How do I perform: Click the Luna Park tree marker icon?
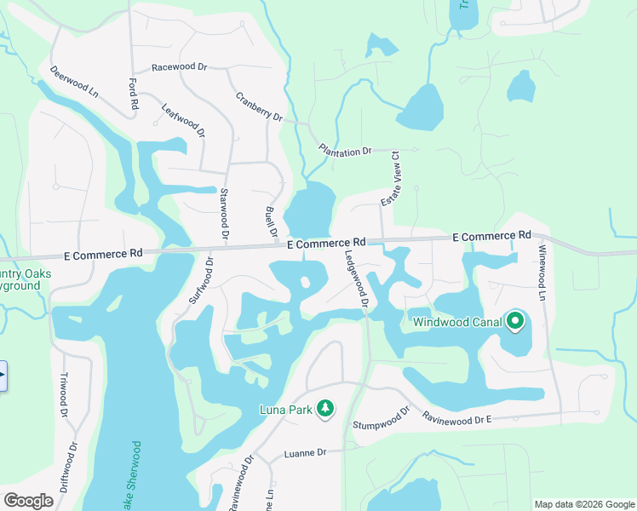coord(324,410)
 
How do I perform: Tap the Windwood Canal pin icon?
coord(514,322)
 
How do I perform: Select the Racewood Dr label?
coord(180,66)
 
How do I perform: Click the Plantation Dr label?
coord(346,150)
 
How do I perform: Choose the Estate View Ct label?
coord(392,178)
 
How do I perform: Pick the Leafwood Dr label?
coord(183,120)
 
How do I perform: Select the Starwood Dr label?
coord(225,213)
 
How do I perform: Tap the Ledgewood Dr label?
coord(357,278)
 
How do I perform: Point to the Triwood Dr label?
coord(63,394)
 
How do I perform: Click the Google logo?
coord(29,501)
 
